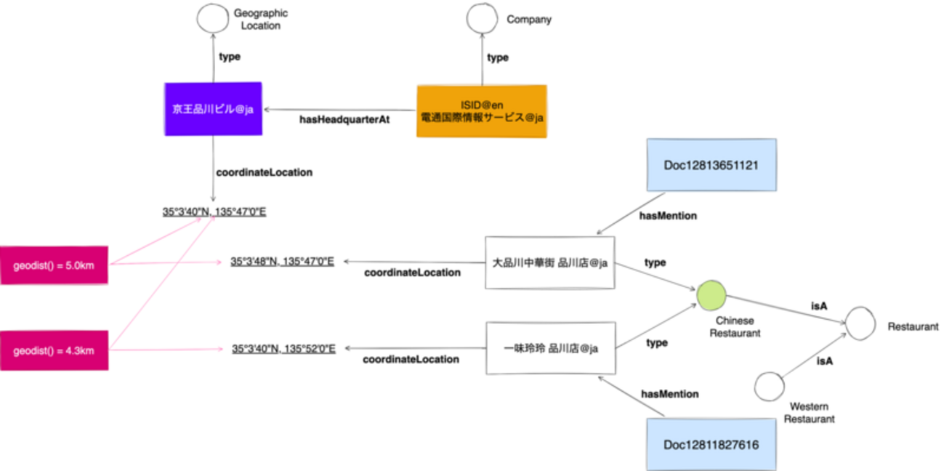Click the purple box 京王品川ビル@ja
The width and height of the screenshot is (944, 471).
click(213, 108)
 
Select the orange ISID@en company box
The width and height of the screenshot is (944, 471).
click(482, 111)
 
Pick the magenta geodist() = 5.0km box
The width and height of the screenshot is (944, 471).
click(54, 265)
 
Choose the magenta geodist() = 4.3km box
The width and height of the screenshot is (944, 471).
click(54, 350)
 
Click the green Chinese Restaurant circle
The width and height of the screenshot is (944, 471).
click(711, 297)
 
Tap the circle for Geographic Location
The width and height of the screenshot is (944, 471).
click(213, 18)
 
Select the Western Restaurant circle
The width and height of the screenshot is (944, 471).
click(770, 385)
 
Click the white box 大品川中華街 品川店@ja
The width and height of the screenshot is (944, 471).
click(550, 262)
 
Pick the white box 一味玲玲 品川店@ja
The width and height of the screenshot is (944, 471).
click(550, 348)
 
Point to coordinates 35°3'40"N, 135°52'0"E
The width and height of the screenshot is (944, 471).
click(283, 349)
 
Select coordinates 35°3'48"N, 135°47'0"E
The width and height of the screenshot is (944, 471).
click(282, 261)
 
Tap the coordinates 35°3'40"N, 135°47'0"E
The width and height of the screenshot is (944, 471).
click(214, 212)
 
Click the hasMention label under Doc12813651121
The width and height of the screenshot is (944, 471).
click(667, 215)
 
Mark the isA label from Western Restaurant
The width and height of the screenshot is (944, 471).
click(824, 361)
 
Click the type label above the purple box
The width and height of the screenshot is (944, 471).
click(230, 56)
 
